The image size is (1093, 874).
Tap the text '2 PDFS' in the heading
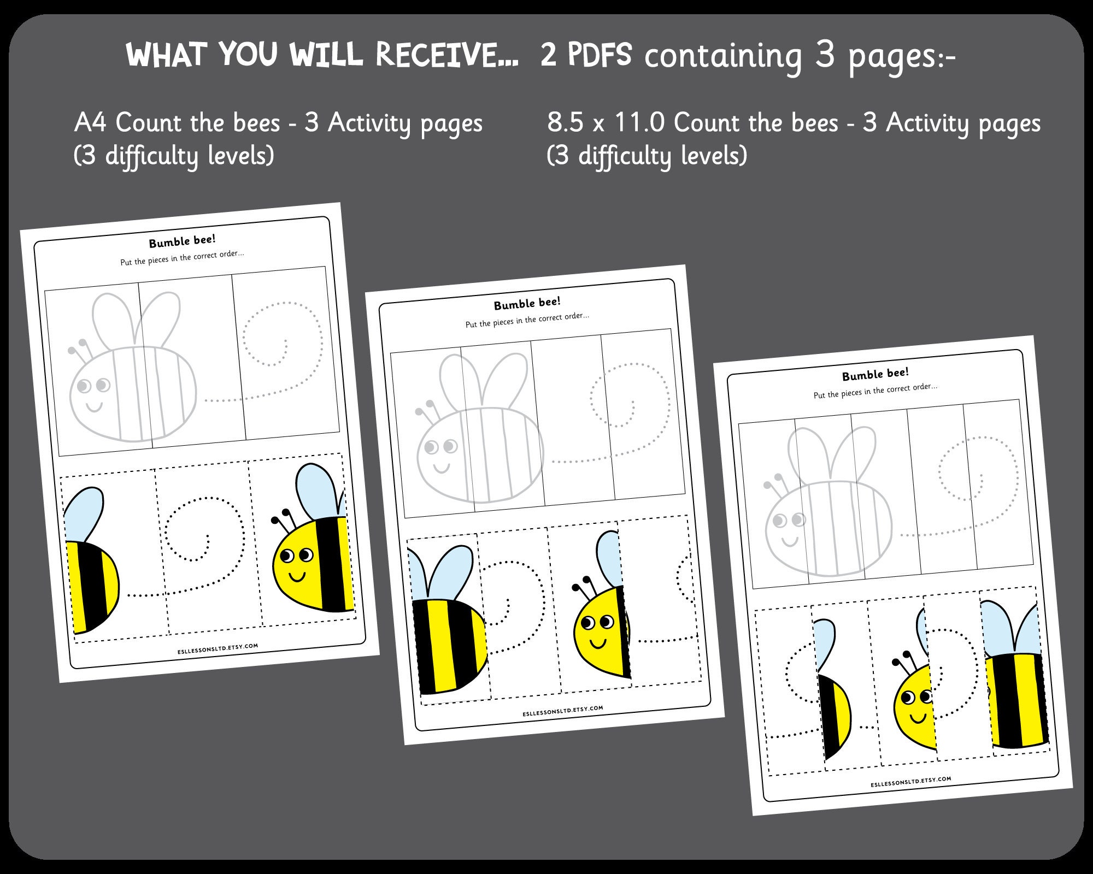[x=586, y=55]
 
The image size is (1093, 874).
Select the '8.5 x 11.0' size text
[x=604, y=122]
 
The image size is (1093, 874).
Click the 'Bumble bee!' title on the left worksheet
[x=182, y=241]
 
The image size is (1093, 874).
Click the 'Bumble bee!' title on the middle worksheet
[x=527, y=304]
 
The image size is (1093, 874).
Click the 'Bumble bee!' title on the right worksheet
[x=875, y=375]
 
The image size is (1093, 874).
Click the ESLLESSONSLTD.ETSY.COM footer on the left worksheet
[x=218, y=648]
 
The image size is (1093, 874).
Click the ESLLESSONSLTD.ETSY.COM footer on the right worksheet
[x=910, y=782]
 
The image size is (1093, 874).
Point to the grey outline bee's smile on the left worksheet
[x=94, y=406]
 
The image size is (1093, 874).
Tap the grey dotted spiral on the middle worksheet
[x=628, y=399]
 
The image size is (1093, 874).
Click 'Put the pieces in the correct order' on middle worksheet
[x=527, y=320]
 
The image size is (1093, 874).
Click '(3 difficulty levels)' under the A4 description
[x=174, y=156]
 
